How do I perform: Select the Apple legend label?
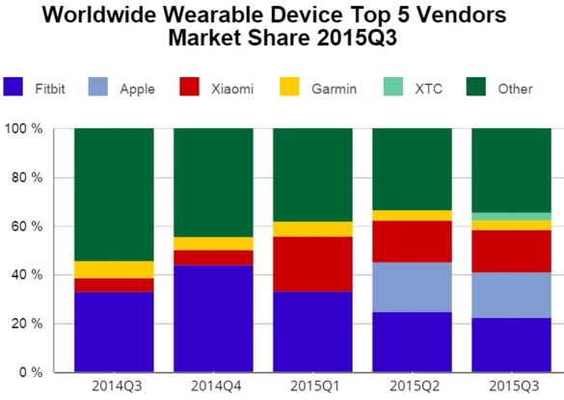pos(137,90)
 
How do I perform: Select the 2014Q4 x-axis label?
pos(213,387)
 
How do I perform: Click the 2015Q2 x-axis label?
pos(412,387)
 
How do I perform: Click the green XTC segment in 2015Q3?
pos(511,216)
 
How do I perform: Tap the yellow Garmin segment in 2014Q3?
pos(114,270)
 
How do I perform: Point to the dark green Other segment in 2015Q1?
pos(312,174)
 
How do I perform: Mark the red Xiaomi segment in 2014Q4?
pos(213,257)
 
